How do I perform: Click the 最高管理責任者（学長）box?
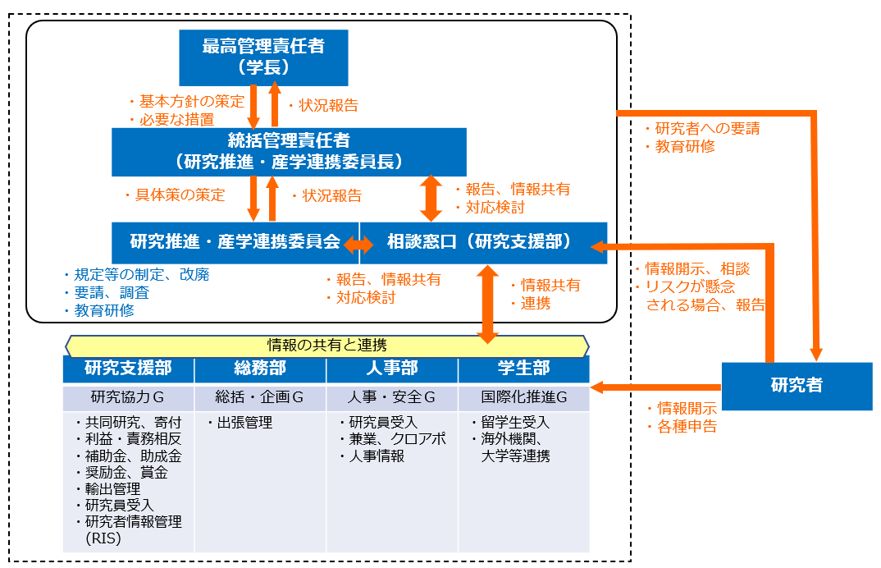point(263,57)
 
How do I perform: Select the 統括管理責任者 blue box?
point(289,151)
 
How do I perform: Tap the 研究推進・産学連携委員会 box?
point(235,242)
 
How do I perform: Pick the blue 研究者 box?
point(797,386)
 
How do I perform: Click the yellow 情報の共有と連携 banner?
point(326,346)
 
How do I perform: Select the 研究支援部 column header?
point(128,369)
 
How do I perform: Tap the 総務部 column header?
point(260,369)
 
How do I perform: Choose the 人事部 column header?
point(392,369)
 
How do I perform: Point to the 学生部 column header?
point(523,369)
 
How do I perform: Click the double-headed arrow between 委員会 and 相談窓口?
point(358,243)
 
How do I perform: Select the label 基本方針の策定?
point(191,102)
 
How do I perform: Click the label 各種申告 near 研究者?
point(686,427)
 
